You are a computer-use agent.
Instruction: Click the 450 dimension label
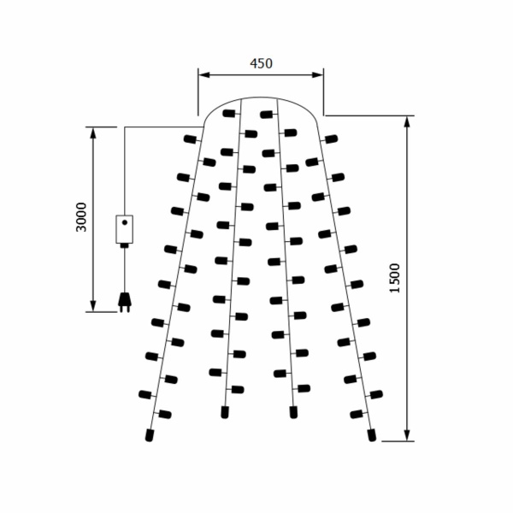(261, 63)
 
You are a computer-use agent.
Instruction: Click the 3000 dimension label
(81, 217)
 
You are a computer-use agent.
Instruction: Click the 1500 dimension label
(395, 278)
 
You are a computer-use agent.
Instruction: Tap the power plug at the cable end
(125, 302)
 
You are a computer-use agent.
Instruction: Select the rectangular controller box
(125, 229)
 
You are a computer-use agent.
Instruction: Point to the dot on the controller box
(125, 222)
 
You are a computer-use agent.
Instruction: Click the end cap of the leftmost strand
(150, 435)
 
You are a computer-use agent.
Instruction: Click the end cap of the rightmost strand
(372, 435)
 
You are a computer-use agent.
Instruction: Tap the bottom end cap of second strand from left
(225, 412)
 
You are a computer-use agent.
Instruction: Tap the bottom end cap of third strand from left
(293, 412)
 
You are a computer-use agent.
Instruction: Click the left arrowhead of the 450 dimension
(204, 75)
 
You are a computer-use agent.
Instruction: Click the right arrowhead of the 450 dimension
(318, 75)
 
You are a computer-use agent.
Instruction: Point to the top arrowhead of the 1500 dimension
(407, 121)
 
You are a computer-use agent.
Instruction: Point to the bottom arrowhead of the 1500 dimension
(407, 435)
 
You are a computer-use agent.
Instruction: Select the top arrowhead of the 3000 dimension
(93, 133)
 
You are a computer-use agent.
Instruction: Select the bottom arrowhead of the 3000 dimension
(93, 306)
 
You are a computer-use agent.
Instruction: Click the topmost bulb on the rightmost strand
(331, 139)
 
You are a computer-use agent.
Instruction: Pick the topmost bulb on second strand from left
(229, 114)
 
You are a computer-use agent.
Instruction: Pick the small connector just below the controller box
(124, 245)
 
